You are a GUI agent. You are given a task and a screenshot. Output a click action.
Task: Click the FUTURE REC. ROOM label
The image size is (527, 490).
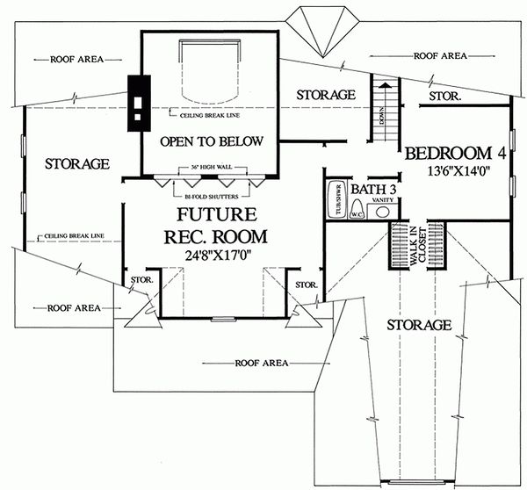pos(217,226)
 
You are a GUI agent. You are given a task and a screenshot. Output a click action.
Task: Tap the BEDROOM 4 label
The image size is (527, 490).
pos(453,154)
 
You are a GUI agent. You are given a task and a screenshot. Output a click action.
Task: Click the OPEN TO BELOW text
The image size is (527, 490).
pos(211,141)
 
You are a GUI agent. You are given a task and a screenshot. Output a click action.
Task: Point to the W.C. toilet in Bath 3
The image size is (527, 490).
pos(357,209)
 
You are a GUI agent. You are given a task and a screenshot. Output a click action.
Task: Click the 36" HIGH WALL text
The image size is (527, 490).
pos(211,166)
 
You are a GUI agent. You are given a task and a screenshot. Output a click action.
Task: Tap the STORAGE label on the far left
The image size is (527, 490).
pos(76,163)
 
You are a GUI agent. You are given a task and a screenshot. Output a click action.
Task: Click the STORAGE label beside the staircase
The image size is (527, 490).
pos(325,94)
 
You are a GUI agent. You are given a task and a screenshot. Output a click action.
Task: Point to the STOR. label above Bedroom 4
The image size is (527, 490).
pos(444,94)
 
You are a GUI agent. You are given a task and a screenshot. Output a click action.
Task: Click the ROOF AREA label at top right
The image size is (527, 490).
pos(440,55)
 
